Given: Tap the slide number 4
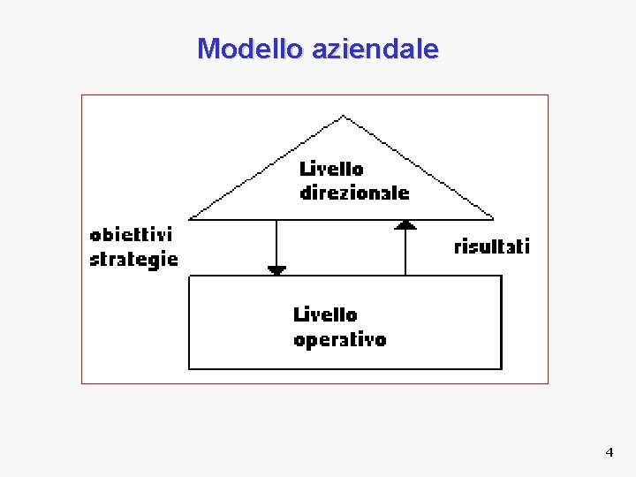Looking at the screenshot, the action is tap(609, 452).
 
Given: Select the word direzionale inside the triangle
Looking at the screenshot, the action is tap(354, 192).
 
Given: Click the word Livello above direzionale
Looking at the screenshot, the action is tap(331, 168).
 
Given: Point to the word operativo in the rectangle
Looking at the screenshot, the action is tap(339, 339).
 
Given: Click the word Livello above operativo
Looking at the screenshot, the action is tap(325, 314).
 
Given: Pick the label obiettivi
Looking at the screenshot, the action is tap(131, 235).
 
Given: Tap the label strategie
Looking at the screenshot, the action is tap(133, 259).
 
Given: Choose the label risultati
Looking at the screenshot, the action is tap(491, 246).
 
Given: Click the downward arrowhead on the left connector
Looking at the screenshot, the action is tap(276, 270).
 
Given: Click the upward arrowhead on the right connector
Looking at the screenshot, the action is tap(405, 224).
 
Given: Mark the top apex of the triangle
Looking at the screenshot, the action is tap(344, 116).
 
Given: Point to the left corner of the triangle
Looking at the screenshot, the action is tap(191, 217).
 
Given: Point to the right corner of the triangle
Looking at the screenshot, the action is tap(493, 217).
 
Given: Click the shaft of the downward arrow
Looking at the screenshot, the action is tap(276, 243).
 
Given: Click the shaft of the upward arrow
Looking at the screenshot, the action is tap(405, 252).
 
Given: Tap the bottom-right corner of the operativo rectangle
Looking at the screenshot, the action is tap(501, 368).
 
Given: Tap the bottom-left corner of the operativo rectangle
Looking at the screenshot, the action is tap(189, 368).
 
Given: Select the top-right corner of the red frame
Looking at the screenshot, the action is tap(548, 95).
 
